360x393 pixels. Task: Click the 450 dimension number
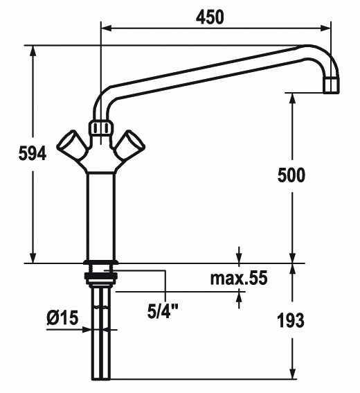210,17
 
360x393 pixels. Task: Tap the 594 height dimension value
33,153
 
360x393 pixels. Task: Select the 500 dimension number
291,175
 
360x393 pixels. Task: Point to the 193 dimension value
291,320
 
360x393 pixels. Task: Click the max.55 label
239,278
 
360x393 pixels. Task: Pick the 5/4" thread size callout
163,311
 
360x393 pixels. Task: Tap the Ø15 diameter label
62,317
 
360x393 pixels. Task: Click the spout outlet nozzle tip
331,85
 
